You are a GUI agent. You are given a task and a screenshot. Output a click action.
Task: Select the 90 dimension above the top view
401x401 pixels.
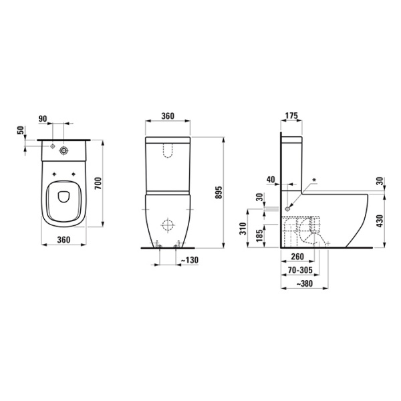(43, 119)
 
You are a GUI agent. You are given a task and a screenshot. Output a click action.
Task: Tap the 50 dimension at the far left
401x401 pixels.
(19, 130)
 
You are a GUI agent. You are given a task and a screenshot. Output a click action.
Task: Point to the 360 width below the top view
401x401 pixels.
(64, 239)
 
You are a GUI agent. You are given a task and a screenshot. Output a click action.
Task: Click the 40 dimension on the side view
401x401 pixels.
(270, 179)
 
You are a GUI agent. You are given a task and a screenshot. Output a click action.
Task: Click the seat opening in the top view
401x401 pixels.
(64, 195)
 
